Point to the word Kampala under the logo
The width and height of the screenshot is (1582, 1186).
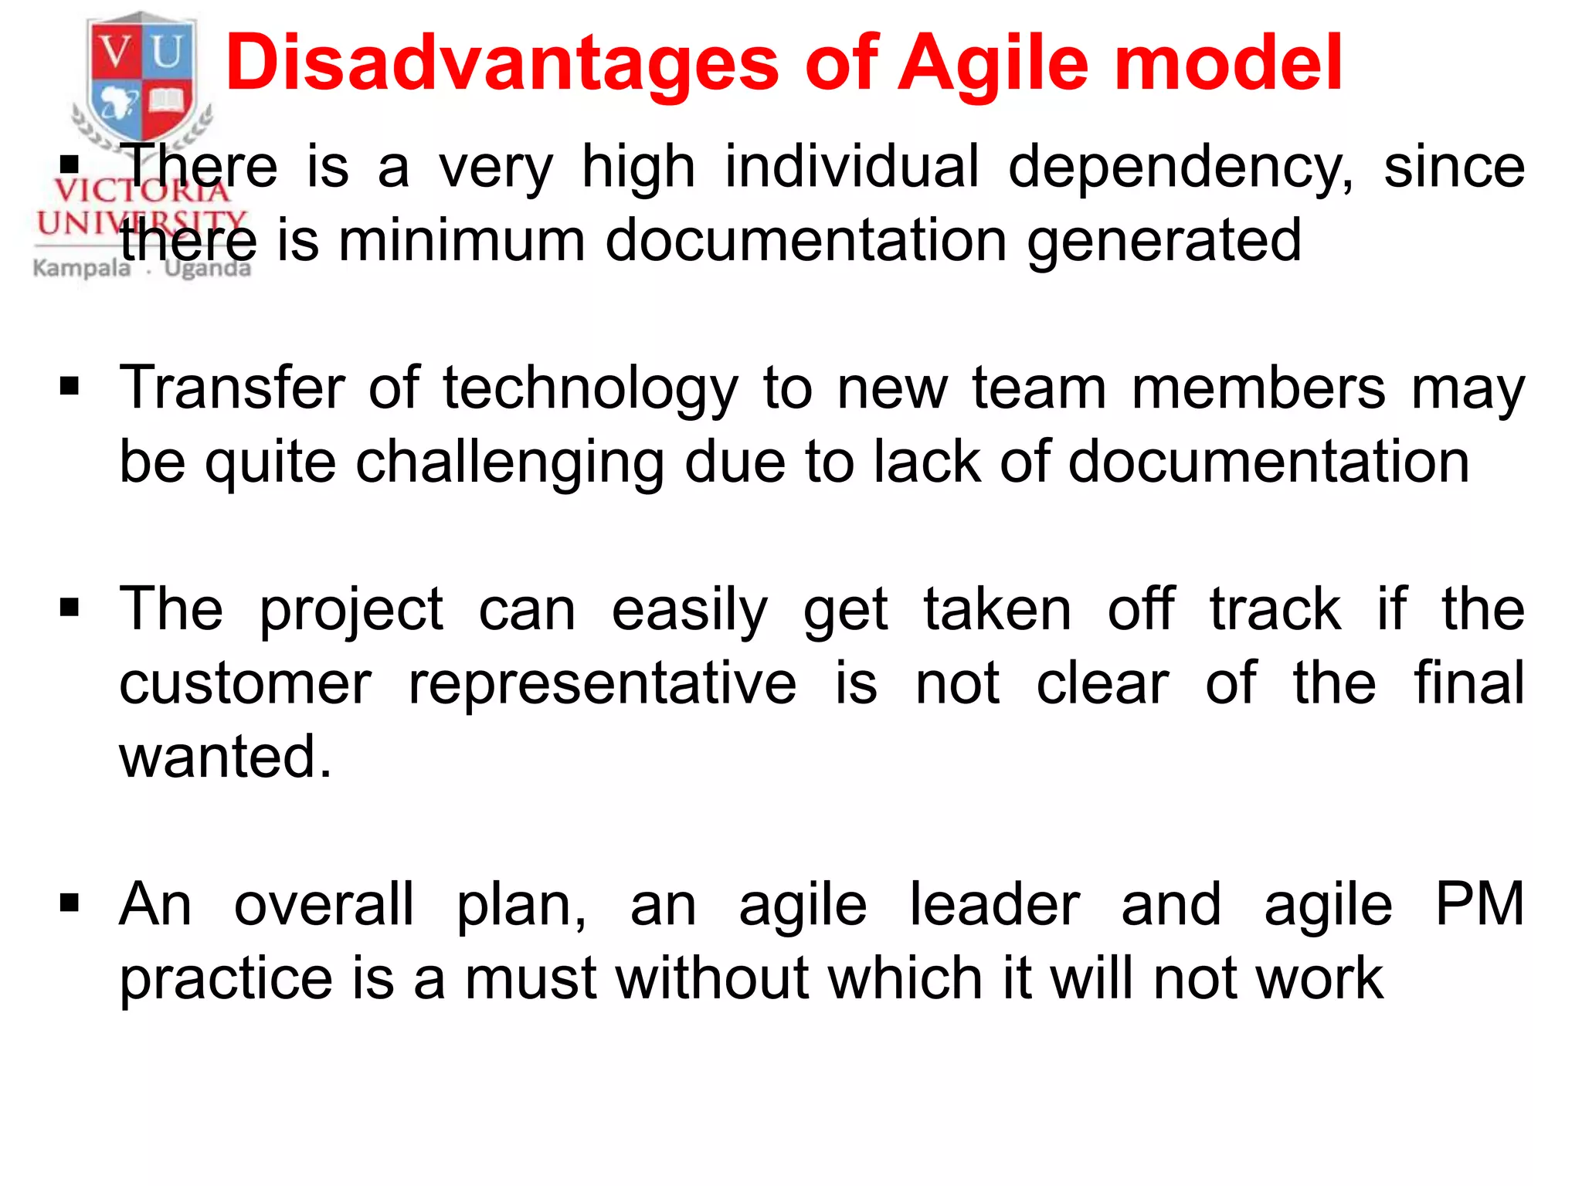[82, 269]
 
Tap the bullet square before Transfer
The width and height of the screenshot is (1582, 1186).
[70, 386]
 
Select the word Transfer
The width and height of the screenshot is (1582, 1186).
[232, 388]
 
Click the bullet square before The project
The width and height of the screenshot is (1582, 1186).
[70, 608]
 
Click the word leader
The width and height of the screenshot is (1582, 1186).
[994, 904]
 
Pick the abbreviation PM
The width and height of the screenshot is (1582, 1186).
[1479, 904]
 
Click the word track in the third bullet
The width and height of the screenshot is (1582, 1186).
[1275, 610]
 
